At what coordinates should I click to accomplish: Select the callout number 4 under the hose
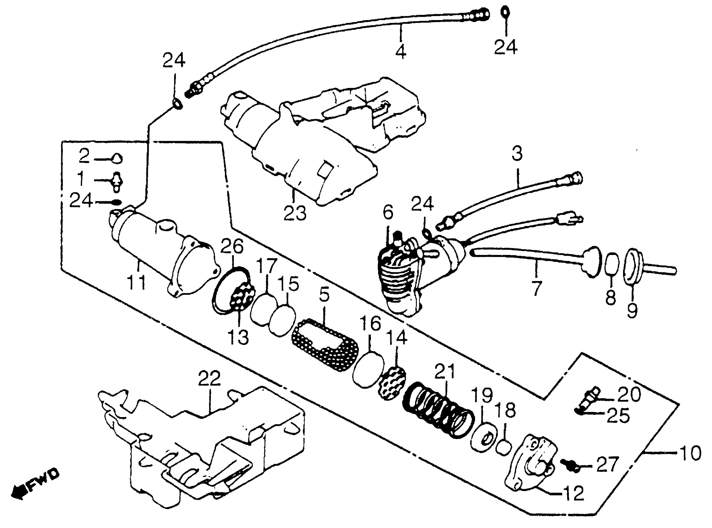tap(401, 52)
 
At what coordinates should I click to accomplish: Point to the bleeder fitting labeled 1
tap(117, 182)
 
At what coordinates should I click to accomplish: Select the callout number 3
tap(517, 154)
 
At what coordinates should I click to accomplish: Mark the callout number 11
tap(136, 282)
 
